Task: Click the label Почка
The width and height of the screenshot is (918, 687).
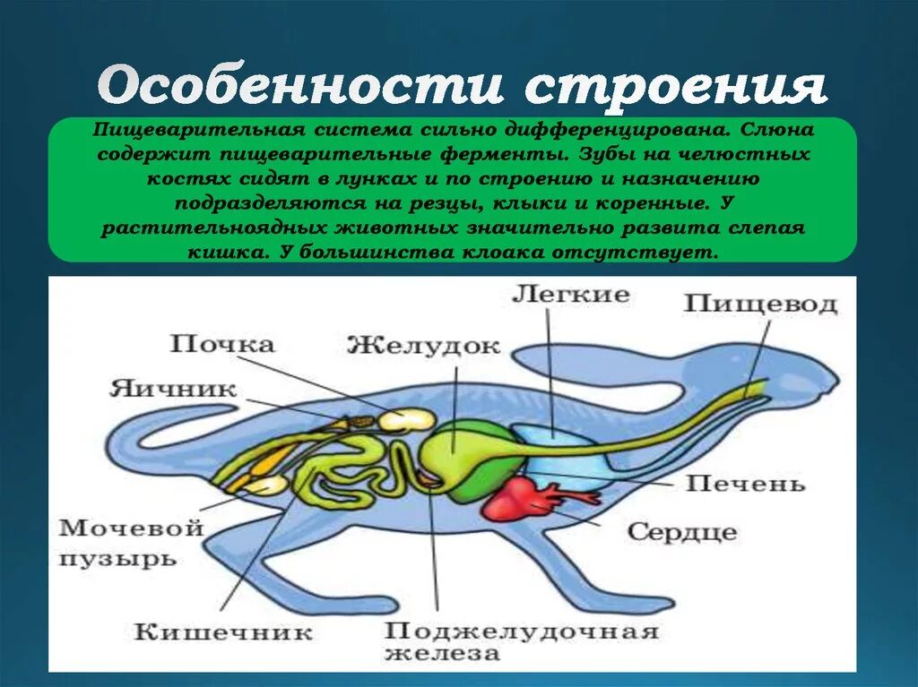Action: click(x=222, y=344)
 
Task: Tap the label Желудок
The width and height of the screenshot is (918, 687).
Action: click(x=423, y=346)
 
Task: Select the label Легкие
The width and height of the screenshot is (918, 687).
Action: click(x=571, y=295)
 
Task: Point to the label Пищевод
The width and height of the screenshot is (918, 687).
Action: click(x=760, y=304)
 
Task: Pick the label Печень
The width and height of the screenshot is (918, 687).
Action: click(x=745, y=484)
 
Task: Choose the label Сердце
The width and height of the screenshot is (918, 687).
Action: click(x=681, y=531)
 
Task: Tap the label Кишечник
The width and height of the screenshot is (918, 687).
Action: click(x=223, y=631)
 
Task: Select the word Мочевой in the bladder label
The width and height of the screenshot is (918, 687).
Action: click(x=128, y=528)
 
